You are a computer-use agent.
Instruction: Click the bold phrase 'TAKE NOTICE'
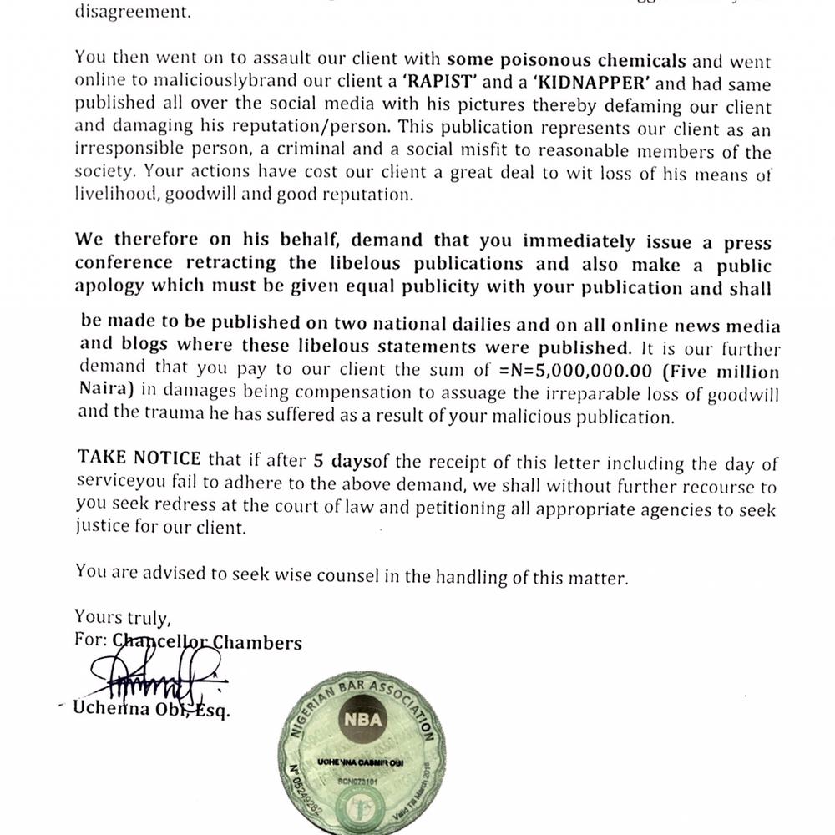139,458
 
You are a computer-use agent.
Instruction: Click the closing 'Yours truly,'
123,618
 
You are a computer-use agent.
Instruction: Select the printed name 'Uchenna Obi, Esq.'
151,711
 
